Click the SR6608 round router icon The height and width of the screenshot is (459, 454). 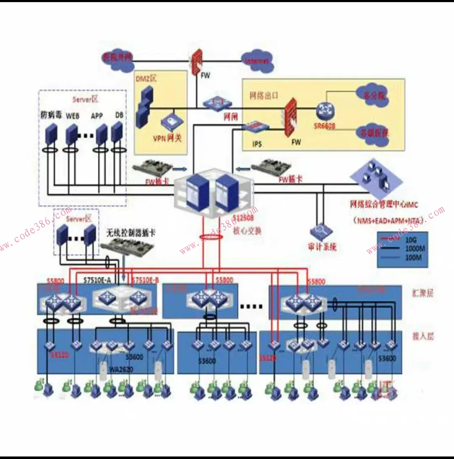324,110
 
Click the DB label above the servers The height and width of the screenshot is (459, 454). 119,115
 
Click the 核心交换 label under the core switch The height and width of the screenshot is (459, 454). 248,230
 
